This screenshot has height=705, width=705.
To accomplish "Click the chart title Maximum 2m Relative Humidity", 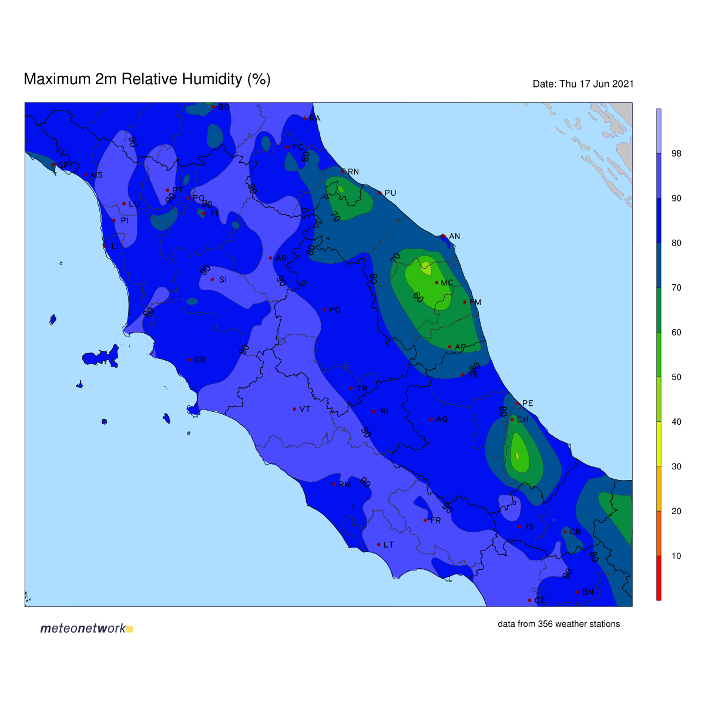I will [147, 79].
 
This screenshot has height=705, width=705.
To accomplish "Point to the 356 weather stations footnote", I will [559, 624].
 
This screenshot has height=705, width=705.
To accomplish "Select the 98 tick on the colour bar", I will [676, 154].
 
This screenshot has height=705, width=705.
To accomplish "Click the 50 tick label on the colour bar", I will [676, 377].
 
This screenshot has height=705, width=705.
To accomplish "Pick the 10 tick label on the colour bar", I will [676, 556].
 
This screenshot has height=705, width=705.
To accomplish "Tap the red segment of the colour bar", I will [659, 578].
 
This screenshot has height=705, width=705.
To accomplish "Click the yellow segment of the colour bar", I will [659, 444].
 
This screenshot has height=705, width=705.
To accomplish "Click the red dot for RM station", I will [334, 484].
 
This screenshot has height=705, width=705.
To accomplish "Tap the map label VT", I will [305, 409].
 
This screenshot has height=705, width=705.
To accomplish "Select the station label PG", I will [335, 310].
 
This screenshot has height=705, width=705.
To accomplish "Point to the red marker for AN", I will [444, 236].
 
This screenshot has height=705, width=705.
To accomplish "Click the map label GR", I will [200, 360].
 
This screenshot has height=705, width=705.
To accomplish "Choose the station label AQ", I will [442, 419].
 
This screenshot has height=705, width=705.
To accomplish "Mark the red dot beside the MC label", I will [437, 283].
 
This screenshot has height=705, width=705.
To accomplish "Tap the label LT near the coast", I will [388, 545].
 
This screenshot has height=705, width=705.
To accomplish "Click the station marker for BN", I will [578, 592].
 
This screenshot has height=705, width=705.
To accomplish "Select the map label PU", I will [390, 193].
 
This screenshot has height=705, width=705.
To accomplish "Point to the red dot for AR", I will [270, 258].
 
